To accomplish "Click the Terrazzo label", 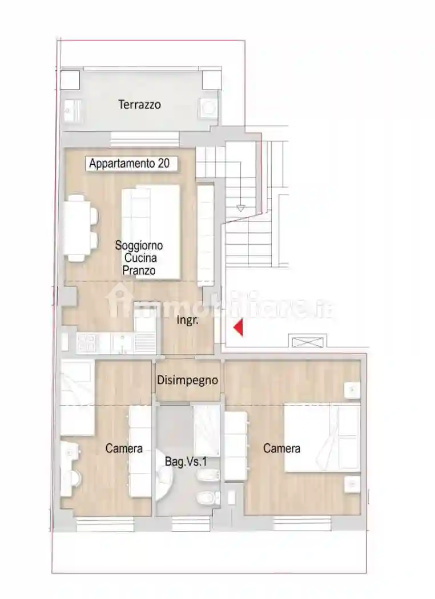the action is click(139, 104).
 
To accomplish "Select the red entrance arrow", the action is click(239, 327).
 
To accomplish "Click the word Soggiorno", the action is click(139, 245).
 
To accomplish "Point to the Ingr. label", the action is click(187, 320).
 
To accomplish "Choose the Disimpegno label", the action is click(188, 380).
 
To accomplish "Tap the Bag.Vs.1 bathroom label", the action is click(186, 462).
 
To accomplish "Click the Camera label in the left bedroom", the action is click(124, 448).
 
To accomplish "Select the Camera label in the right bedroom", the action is click(281, 448).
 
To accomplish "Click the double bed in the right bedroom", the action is click(322, 438).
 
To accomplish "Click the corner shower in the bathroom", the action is click(164, 473).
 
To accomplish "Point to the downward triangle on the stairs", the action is click(240, 209).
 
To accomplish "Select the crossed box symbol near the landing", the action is click(308, 342).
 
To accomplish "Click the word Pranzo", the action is click(139, 270).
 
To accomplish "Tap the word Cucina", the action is click(140, 258).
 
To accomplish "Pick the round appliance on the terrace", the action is click(208, 108).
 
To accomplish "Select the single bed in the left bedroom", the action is click(78, 397).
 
